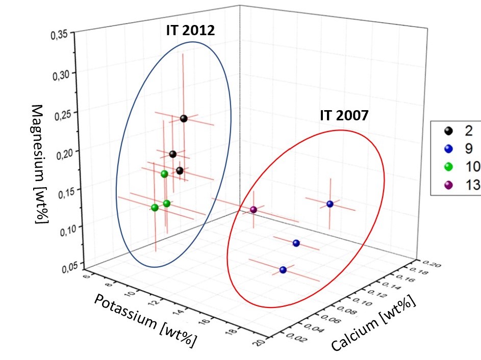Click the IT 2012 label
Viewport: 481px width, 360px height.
click(x=190, y=31)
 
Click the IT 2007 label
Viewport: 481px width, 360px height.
click(x=343, y=115)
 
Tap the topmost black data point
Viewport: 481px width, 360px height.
click(x=184, y=119)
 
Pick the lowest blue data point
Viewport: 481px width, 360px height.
click(x=283, y=270)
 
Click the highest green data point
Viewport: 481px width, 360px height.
click(x=164, y=174)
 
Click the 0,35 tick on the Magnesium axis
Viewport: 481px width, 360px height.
click(x=59, y=36)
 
